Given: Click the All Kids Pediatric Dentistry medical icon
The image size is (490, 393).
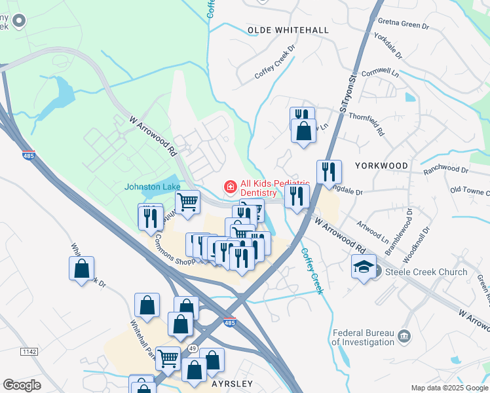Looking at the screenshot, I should [x=230, y=188].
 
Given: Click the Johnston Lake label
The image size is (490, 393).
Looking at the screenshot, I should [x=153, y=187].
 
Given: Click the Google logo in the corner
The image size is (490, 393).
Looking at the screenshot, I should [x=22, y=385].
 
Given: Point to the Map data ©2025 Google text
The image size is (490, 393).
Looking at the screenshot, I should [x=449, y=388].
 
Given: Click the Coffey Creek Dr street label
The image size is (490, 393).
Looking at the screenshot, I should [x=275, y=63].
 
